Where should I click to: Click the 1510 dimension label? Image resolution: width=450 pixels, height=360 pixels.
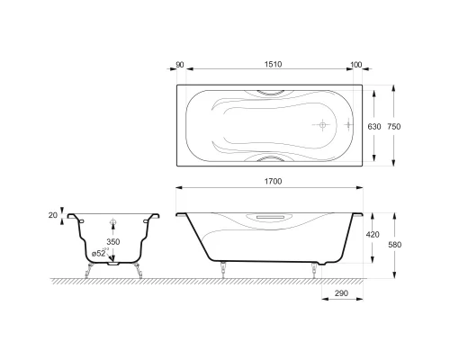point(273,65)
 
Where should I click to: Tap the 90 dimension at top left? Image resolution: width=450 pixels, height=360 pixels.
point(180,65)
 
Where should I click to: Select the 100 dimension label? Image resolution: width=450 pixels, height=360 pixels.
point(356,65)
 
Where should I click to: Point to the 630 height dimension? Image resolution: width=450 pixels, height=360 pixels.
point(374,127)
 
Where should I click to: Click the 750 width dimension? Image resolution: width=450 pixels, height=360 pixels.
point(394,127)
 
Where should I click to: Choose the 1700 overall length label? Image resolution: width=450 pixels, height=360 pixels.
point(273,182)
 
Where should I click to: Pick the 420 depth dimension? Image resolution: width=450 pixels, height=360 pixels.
point(373,234)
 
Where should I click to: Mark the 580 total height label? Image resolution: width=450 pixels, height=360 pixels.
point(395,245)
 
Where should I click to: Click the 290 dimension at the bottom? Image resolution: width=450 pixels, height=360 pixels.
point(341,293)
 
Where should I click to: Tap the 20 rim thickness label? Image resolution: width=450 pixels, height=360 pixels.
point(53,215)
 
